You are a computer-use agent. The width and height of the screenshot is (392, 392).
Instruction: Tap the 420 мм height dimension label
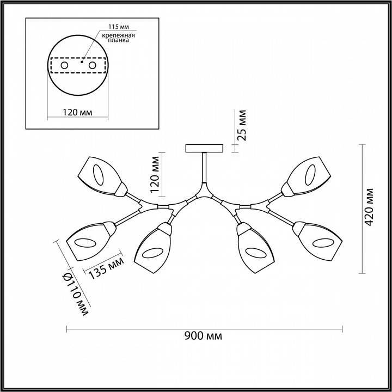(x=370, y=207)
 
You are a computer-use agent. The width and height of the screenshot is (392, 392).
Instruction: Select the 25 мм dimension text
(x=242, y=125)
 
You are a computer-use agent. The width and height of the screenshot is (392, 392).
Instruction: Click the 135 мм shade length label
(x=103, y=265)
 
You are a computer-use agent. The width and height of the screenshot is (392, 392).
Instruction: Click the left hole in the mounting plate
(x=64, y=65)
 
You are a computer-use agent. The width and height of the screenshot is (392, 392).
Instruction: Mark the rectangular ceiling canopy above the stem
(x=204, y=148)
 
